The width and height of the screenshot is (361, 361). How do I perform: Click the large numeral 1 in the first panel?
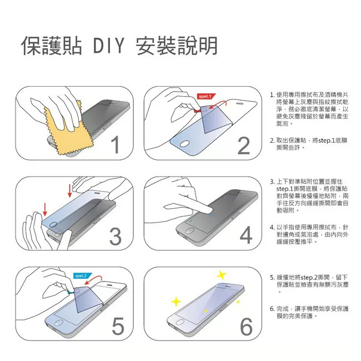[x=116, y=144]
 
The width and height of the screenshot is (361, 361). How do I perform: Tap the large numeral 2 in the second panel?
[x=244, y=146]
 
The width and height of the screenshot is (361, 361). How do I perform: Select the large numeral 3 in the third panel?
[x=116, y=236]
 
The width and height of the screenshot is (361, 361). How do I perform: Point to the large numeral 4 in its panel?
[x=246, y=235]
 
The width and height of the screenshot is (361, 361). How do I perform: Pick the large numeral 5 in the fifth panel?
[x=118, y=326]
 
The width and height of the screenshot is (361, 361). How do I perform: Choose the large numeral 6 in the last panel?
[x=247, y=327]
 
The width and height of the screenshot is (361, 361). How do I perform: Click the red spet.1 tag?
[x=206, y=96]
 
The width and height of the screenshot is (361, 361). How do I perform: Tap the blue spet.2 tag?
[x=83, y=275]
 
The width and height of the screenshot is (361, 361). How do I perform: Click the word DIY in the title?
[x=109, y=46]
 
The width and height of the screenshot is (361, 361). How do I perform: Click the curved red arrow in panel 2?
[x=218, y=103]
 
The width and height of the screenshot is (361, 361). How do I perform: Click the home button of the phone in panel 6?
[x=180, y=322]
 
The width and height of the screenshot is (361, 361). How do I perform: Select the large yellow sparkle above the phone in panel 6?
[x=222, y=275]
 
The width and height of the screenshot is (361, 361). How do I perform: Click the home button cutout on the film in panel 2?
[x=184, y=144]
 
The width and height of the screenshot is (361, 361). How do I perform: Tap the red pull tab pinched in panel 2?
[x=198, y=111]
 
